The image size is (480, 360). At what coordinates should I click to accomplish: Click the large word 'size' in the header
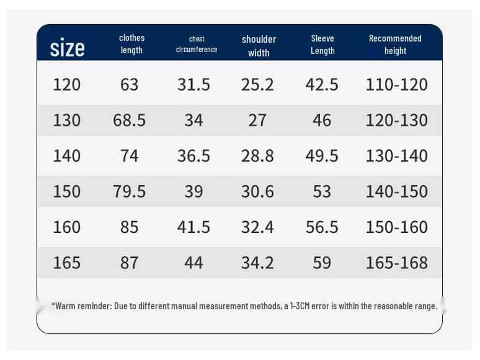point(68,48)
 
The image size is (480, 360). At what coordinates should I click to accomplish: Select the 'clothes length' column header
point(131,44)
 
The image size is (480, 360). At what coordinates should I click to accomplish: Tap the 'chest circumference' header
point(197,44)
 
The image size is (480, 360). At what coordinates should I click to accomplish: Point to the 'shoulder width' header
point(259,46)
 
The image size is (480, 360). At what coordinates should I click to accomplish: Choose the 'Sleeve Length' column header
point(322,45)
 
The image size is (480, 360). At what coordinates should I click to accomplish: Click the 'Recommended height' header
point(395,45)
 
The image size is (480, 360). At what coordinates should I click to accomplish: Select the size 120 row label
point(67,84)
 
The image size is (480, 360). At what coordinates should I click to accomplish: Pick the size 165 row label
point(67,263)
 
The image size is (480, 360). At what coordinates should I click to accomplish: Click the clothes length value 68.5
point(129,120)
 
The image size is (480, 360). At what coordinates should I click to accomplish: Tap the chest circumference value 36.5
point(193,156)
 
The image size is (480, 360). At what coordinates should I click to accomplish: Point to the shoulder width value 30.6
point(257,191)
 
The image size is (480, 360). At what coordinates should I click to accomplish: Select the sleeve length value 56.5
point(322,227)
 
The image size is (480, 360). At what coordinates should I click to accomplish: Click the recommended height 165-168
point(397,263)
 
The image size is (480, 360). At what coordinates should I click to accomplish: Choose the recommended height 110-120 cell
point(397,84)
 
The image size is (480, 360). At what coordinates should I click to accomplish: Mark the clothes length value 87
point(129,263)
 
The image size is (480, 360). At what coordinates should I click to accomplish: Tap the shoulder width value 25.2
point(257,84)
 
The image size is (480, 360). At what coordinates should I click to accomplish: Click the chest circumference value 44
point(193,263)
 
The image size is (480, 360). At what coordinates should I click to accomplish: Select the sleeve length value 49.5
point(322,156)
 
